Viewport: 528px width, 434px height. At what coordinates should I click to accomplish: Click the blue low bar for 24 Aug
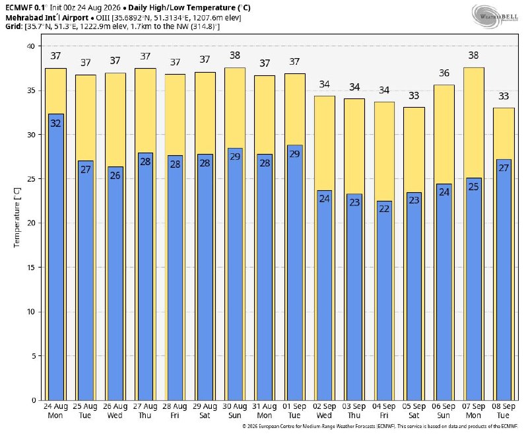tap(56, 257)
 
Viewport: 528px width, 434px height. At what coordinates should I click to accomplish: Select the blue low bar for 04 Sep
tap(384, 301)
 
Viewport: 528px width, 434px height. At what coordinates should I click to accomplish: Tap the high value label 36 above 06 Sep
tap(444, 73)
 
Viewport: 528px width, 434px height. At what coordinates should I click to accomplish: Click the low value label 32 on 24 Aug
tap(56, 124)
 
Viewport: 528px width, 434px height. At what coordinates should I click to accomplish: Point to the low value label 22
tap(384, 209)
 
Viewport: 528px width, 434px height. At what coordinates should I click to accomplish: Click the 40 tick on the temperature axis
tap(31, 46)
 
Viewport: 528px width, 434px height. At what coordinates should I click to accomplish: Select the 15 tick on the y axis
tap(31, 268)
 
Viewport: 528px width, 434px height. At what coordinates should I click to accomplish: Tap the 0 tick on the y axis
tap(34, 400)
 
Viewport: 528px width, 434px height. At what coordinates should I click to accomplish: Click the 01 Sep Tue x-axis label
tap(294, 411)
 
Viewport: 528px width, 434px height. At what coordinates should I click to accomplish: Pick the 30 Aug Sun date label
tap(235, 411)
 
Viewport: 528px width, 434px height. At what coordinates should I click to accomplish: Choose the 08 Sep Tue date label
tap(504, 411)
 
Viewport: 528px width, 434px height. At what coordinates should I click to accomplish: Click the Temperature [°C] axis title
tap(17, 218)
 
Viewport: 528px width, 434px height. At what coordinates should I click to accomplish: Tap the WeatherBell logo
tap(495, 16)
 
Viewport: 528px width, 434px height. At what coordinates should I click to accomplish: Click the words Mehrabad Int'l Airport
tap(47, 18)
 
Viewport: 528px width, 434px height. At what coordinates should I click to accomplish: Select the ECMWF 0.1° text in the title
tap(26, 7)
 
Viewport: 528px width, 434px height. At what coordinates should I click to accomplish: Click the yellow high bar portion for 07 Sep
tap(473, 123)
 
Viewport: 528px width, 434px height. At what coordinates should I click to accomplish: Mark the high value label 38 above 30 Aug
tap(235, 55)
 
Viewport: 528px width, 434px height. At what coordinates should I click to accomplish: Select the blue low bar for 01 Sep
tap(294, 273)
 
